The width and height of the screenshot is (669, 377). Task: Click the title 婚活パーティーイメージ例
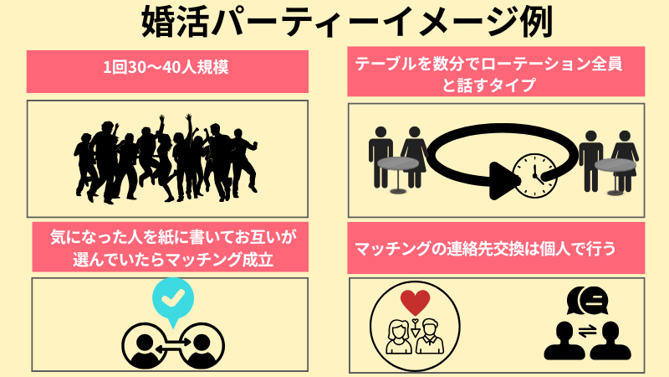coord(334,23)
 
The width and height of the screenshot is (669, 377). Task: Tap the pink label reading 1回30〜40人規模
coord(167,70)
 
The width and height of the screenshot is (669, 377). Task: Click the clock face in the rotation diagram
coord(533,175)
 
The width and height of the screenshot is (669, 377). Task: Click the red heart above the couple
coord(415,302)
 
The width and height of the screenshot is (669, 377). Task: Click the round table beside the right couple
coord(615,165)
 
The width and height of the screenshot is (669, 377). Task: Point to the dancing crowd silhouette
coord(167,159)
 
